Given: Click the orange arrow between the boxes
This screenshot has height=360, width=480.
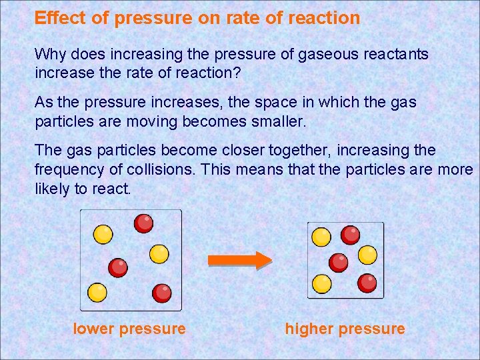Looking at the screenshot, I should [239, 259].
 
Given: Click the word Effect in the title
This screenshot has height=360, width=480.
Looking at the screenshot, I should [60, 18].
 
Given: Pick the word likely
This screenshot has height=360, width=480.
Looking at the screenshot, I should [51, 189].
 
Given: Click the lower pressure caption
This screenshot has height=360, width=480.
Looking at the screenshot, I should [129, 329].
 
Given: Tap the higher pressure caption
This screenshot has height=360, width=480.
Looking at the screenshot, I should [345, 329].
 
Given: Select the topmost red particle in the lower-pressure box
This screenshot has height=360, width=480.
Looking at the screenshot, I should [143, 223].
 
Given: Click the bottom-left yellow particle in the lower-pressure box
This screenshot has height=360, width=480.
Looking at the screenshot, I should [97, 292].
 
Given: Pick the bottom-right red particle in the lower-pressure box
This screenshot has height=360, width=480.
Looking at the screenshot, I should [161, 292].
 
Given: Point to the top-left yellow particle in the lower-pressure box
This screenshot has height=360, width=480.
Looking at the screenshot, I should [103, 234].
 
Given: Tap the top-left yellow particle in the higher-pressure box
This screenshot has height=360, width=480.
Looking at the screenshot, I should [321, 237].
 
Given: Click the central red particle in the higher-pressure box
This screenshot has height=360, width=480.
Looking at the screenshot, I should [339, 262].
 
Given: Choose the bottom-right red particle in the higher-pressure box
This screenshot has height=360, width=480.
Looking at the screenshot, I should [367, 283].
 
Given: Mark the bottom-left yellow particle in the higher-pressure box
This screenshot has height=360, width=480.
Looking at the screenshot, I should [321, 284].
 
